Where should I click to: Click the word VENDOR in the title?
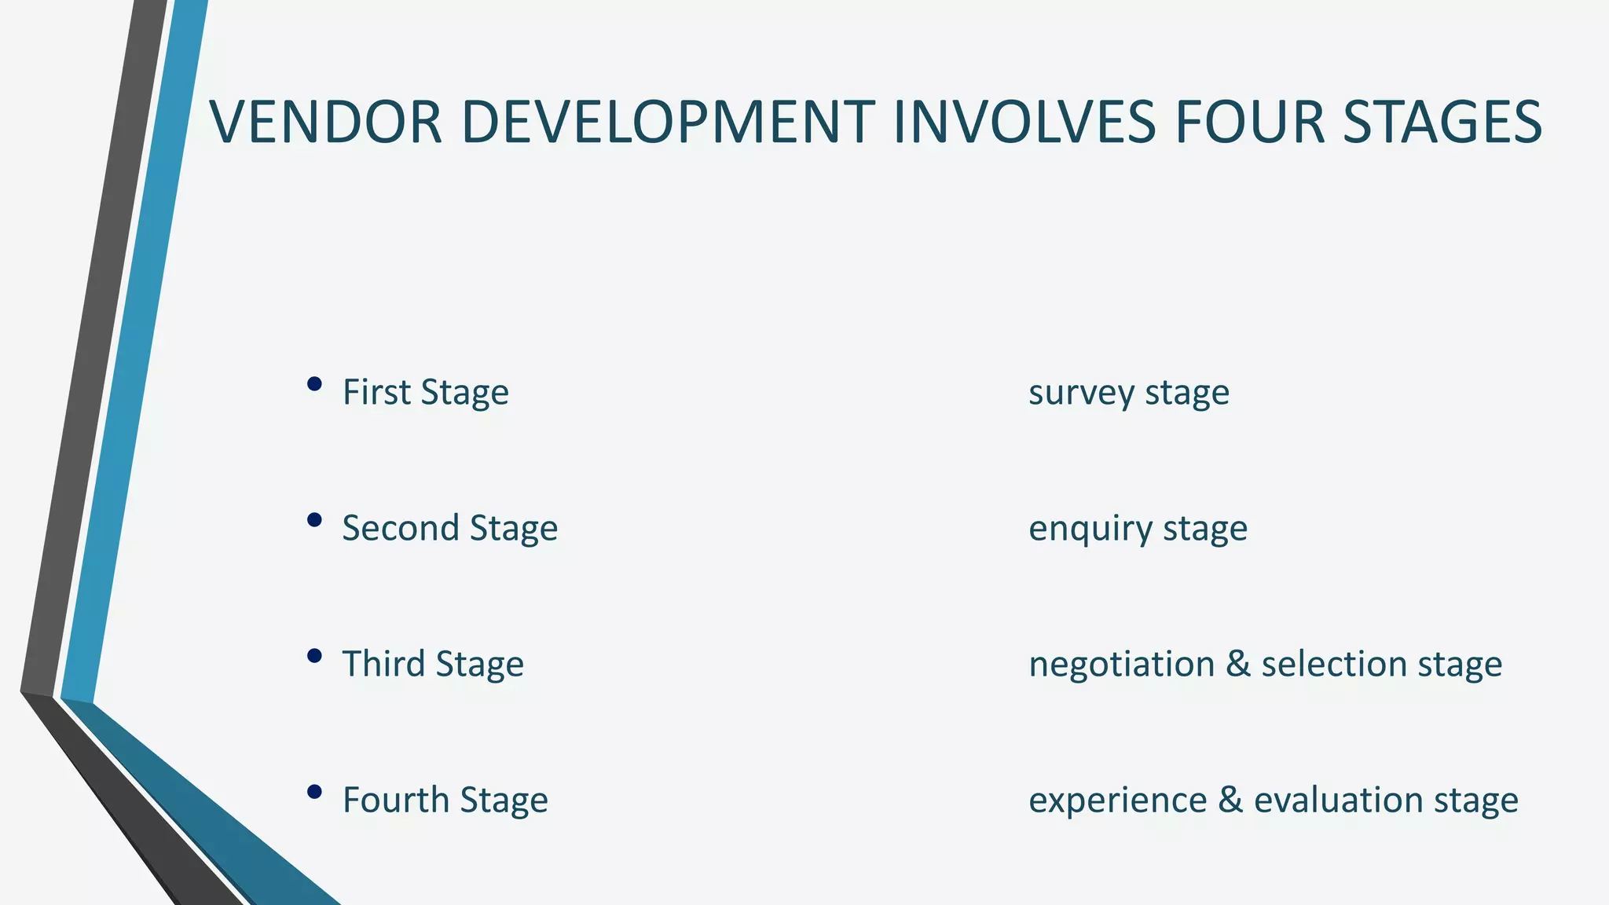326,123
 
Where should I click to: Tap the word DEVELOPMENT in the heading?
668,123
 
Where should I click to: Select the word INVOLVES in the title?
1024,123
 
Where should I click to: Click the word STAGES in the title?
1442,123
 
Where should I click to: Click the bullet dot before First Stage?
314,384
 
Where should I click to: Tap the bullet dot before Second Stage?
314,520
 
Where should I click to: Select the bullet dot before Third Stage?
314,656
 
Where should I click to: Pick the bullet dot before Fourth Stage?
314,792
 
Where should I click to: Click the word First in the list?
376,392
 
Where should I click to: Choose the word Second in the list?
400,528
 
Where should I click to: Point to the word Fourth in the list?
395,800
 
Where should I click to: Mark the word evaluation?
1338,800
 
